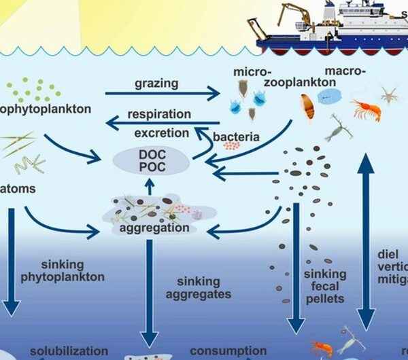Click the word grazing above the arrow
click(156, 84)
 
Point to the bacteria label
click(236, 137)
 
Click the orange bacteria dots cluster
click(231, 145)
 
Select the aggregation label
click(154, 228)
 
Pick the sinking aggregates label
click(202, 288)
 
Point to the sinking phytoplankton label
click(72, 270)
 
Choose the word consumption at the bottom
click(228, 351)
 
